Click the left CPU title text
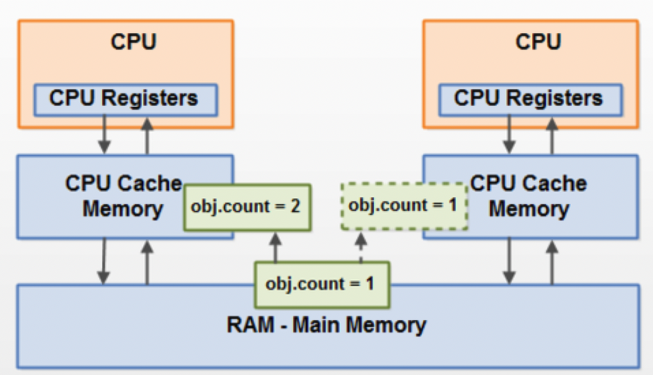(133, 42)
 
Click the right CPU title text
(538, 42)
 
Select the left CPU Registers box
(125, 99)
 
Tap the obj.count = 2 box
(247, 207)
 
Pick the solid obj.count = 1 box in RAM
(323, 284)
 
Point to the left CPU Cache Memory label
(123, 196)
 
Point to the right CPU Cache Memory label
(529, 196)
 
